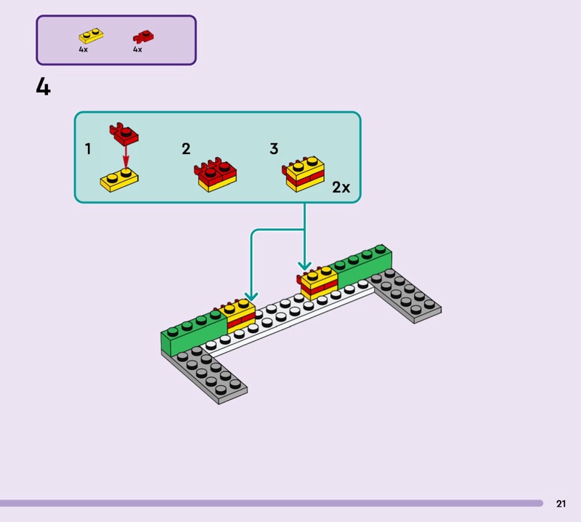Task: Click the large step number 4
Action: tap(44, 88)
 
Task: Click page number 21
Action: tap(561, 504)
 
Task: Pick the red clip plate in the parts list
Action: tap(143, 36)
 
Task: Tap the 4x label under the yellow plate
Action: tap(84, 49)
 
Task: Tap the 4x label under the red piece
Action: tap(137, 49)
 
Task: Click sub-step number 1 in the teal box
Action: tap(88, 149)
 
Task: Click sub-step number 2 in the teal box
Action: tap(186, 149)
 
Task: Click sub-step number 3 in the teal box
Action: tap(274, 149)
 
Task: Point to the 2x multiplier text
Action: tap(341, 188)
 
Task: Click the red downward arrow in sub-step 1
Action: tap(125, 156)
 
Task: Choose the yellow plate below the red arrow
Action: tap(120, 179)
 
